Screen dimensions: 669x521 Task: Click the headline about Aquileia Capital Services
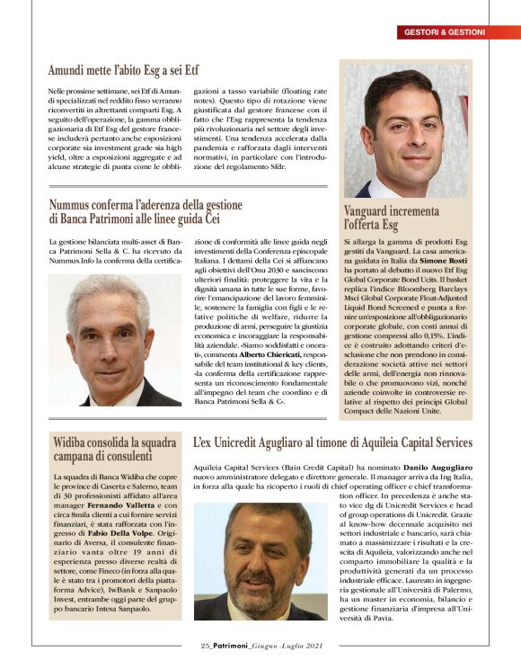pos(332,442)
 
